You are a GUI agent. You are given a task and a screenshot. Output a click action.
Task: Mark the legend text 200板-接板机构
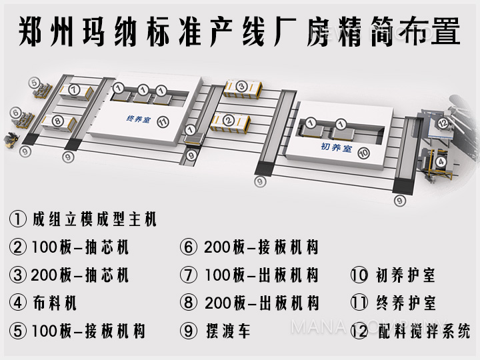point(261,247)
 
